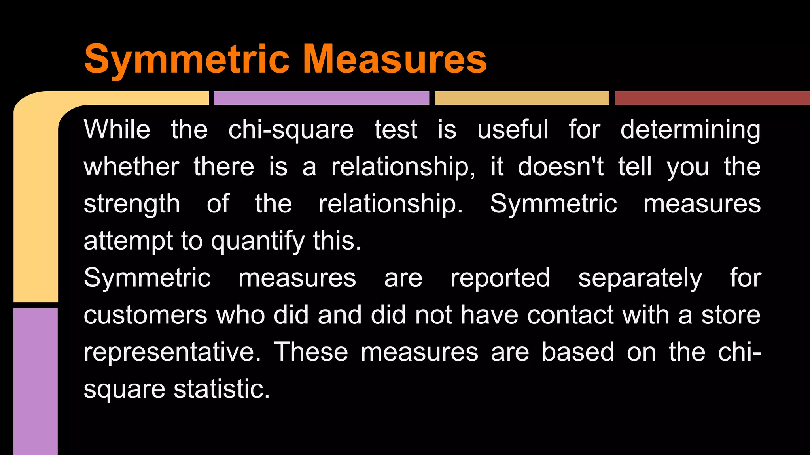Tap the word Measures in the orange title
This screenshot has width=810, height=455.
(x=395, y=59)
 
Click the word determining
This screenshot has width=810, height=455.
(x=690, y=130)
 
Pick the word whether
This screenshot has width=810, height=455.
(x=131, y=167)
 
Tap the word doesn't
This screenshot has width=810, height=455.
(x=561, y=167)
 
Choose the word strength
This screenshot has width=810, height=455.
(x=132, y=205)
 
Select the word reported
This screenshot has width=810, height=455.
(x=500, y=278)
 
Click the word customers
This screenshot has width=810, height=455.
(x=146, y=315)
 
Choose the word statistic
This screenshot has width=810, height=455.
(x=221, y=389)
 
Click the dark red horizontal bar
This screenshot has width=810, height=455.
(x=712, y=98)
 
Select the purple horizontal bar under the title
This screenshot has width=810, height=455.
(x=321, y=98)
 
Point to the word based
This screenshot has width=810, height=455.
(x=578, y=352)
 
